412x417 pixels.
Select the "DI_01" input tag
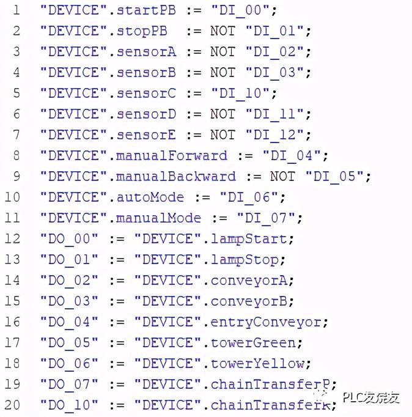click(278, 31)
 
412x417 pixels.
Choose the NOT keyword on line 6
click(223, 114)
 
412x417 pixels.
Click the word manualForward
click(172, 156)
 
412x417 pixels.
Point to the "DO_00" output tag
click(69, 239)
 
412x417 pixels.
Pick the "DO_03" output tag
click(69, 301)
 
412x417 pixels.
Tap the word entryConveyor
click(266, 322)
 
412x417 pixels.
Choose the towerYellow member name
click(257, 364)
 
